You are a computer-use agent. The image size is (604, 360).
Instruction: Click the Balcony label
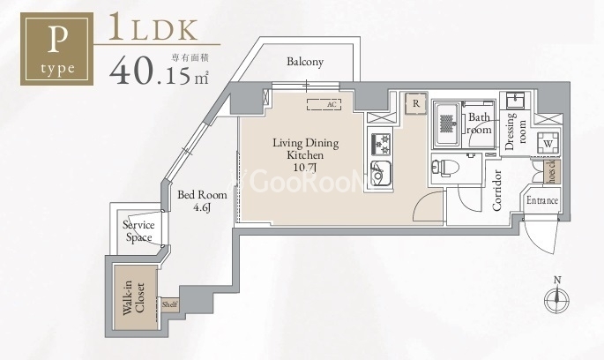(x=305, y=62)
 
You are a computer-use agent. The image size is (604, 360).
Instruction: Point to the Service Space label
(x=138, y=231)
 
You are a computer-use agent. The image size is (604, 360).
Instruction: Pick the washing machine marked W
(x=547, y=143)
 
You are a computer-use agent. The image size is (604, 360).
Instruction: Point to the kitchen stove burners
(x=382, y=141)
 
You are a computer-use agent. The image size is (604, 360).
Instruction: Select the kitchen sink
(x=383, y=169)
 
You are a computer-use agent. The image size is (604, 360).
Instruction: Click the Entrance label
(x=543, y=201)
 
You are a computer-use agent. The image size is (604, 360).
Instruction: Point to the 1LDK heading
(x=153, y=27)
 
